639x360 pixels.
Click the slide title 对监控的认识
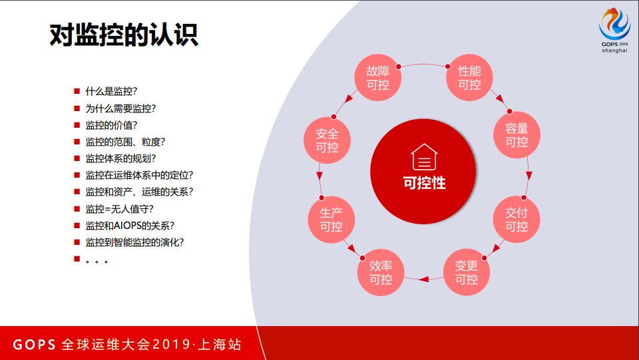click(x=124, y=35)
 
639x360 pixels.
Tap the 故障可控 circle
click(x=377, y=77)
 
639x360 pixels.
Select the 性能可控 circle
click(x=469, y=77)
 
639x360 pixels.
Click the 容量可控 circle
click(x=517, y=135)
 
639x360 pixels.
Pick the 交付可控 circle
click(x=517, y=220)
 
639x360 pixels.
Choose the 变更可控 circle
click(x=467, y=272)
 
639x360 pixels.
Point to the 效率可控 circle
click(x=381, y=272)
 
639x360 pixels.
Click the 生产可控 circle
click(x=331, y=220)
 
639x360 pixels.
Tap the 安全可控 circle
click(x=327, y=140)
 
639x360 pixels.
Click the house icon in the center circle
click(x=424, y=158)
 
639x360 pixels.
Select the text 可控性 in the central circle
click(x=424, y=183)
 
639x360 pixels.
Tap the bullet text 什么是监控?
click(x=111, y=91)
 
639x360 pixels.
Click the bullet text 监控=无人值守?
click(x=120, y=208)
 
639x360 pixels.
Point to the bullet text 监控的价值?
click(x=111, y=124)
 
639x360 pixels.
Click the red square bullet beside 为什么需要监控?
click(x=77, y=108)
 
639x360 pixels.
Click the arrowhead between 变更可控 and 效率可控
click(x=420, y=278)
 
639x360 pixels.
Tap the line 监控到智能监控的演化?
click(x=134, y=242)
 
